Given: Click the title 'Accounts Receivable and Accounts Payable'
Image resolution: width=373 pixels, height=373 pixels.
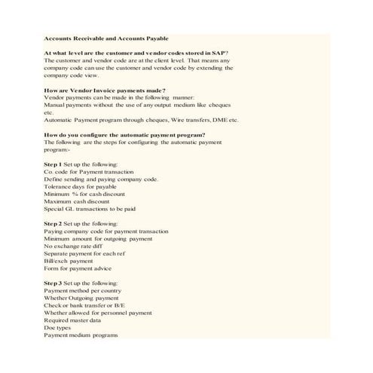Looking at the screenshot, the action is [x=105, y=38].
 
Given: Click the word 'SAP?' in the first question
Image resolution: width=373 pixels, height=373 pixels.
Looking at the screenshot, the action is [x=219, y=53].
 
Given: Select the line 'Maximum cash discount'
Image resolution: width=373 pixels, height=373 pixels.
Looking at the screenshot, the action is [x=78, y=201].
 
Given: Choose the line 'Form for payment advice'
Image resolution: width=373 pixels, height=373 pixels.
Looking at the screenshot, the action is [x=78, y=269].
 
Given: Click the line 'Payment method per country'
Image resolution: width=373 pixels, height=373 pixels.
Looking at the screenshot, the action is [x=83, y=291].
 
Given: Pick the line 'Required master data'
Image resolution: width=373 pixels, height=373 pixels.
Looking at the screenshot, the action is [x=76, y=320].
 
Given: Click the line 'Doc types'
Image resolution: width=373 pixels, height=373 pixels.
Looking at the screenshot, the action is [x=58, y=328].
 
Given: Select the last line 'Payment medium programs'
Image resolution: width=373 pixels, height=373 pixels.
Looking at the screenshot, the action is [x=81, y=335].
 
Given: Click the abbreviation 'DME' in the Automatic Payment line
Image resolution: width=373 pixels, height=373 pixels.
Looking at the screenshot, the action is [x=219, y=120].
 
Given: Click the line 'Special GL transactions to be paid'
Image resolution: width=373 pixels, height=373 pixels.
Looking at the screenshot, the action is [x=90, y=209].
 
